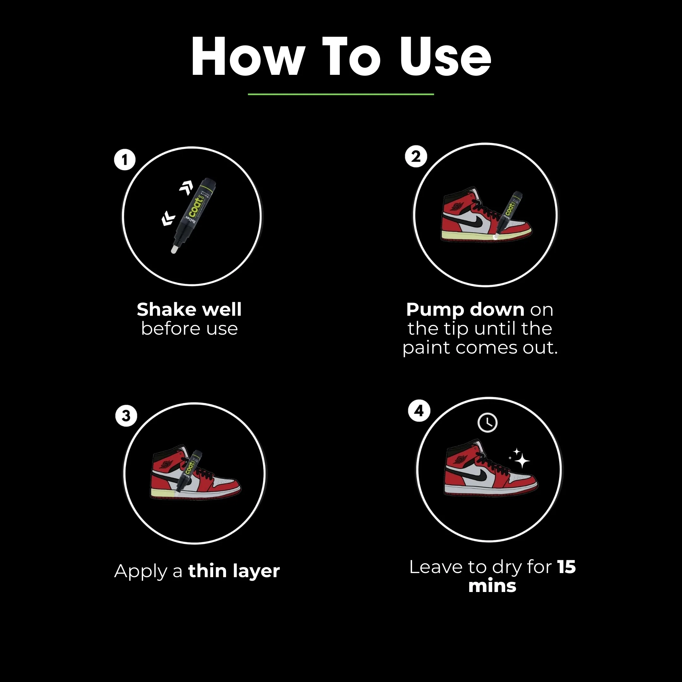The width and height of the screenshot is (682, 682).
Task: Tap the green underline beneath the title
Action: [341, 94]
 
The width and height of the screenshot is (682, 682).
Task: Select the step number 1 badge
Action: [125, 160]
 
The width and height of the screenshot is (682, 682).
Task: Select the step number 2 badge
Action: [416, 156]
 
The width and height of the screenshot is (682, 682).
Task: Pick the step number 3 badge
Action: [126, 416]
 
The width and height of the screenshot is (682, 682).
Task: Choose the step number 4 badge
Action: [419, 410]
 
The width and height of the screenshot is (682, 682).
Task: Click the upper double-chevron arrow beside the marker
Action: [186, 188]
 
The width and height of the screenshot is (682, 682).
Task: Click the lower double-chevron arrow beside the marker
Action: [168, 219]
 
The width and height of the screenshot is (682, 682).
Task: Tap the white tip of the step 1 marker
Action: [174, 249]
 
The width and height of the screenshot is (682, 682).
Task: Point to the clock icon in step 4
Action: [488, 422]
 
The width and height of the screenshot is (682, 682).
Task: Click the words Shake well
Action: [189, 309]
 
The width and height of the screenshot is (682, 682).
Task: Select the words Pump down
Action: [465, 309]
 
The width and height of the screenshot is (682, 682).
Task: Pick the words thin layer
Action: [234, 571]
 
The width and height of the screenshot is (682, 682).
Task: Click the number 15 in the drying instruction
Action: [566, 567]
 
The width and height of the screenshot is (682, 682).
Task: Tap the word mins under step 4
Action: [492, 586]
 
